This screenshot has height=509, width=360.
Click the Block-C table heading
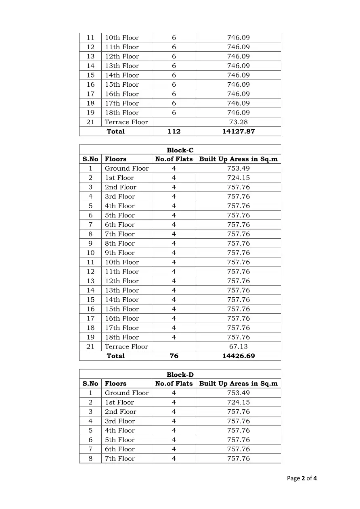pos(180,150)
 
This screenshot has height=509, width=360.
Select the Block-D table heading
pos(180,375)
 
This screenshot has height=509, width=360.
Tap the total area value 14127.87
pos(239,131)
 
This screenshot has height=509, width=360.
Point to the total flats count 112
pos(174,131)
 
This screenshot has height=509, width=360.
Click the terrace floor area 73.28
pos(239,122)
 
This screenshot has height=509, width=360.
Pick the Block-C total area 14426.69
pos(239,356)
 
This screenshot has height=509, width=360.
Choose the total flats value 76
pos(174,356)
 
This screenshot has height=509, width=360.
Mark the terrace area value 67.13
pos(239,347)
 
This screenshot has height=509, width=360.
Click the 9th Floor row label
pos(120,253)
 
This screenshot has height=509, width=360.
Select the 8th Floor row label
pos(120,244)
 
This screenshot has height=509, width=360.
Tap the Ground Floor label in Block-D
pos(127,393)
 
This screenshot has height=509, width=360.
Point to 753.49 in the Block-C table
pos(239,169)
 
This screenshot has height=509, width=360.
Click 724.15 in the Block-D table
pos(239,403)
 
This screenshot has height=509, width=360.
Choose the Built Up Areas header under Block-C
pos(239,159)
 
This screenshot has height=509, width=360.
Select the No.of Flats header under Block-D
pos(174,384)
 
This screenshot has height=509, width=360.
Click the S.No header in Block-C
pos(90,159)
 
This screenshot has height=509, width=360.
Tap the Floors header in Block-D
pos(115,384)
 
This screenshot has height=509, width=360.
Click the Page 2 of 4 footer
pos(302,479)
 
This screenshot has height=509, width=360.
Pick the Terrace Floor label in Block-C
pos(126,347)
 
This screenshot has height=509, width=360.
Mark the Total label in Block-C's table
pos(115,356)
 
